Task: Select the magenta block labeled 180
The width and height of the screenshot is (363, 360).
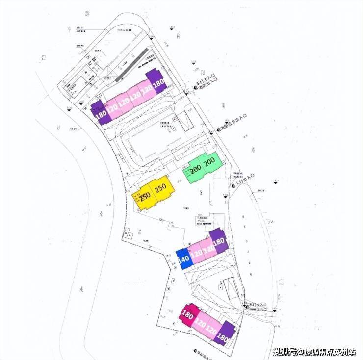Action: [187, 314]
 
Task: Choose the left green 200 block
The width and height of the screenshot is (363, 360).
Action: [194, 171]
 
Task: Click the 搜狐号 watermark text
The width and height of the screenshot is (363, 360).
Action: [285, 351]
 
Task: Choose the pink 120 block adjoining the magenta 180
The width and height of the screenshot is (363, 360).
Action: [200, 322]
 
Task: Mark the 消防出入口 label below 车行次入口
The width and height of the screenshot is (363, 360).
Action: [257, 310]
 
